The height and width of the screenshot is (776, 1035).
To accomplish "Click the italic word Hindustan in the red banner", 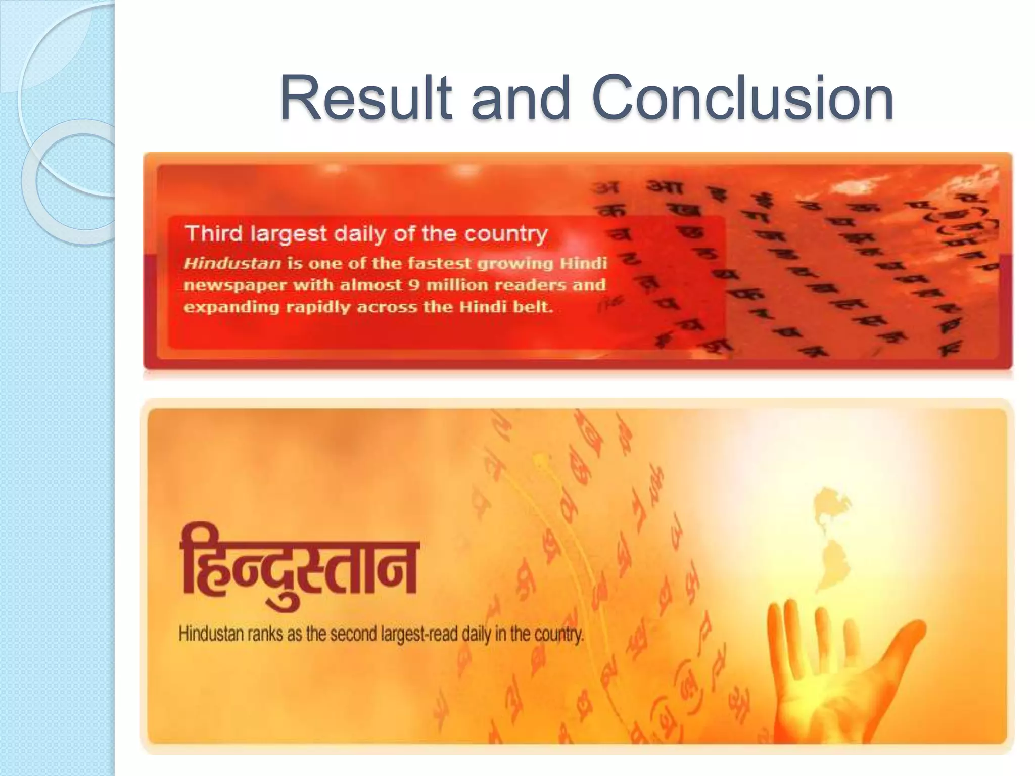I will pyautogui.click(x=232, y=263).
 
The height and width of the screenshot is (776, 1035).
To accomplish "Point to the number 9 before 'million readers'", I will pyautogui.click(x=414, y=285).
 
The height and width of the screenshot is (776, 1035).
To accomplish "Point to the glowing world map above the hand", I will pyautogui.click(x=829, y=536).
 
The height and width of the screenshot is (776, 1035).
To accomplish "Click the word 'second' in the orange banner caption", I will pyautogui.click(x=352, y=634).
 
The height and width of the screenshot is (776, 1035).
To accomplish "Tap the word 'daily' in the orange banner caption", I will pyautogui.click(x=477, y=634).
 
